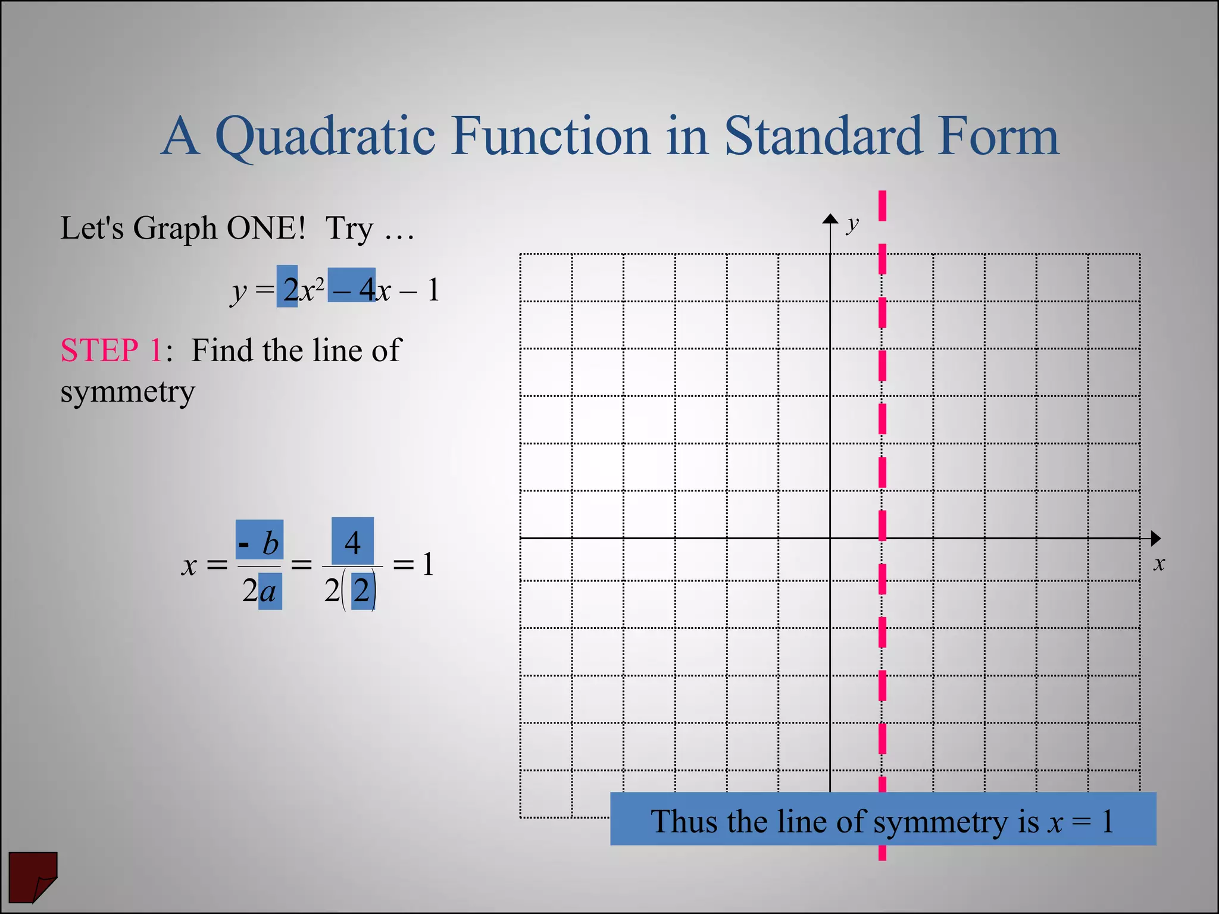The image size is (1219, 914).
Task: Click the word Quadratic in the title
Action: click(x=325, y=136)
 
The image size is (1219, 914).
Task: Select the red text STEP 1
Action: click(x=111, y=350)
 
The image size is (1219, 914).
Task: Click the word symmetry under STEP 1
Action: click(x=127, y=392)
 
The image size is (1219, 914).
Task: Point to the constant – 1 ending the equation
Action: click(x=420, y=290)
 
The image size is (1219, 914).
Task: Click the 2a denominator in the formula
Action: click(x=260, y=591)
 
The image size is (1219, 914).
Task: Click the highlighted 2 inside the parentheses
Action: click(x=362, y=591)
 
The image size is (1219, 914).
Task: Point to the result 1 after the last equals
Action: click(x=427, y=564)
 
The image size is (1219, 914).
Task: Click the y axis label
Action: click(x=853, y=224)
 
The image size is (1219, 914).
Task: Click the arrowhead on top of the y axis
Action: click(x=830, y=218)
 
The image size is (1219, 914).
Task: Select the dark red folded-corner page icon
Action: click(x=33, y=877)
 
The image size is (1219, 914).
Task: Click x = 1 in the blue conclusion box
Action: click(x=1080, y=822)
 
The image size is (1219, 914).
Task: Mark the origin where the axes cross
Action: click(x=830, y=539)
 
